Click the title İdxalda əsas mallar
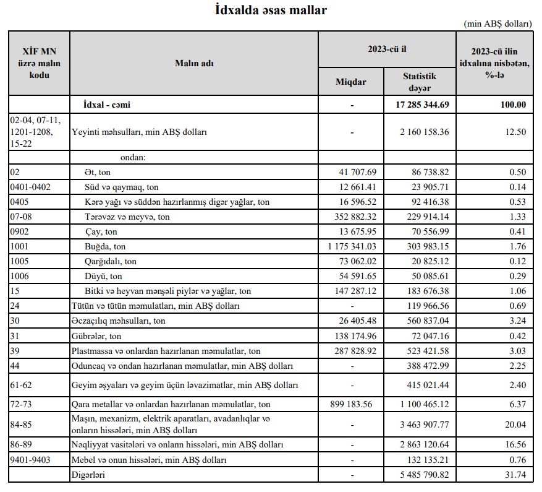tap(271, 10)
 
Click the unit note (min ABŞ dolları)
tap(497, 24)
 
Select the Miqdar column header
tap(351, 82)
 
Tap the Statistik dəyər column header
tap(420, 82)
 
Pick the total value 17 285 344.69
tap(423, 105)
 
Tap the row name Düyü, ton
tap(103, 276)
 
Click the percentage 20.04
tap(514, 425)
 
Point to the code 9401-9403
tap(31, 460)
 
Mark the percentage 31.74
tap(514, 475)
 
